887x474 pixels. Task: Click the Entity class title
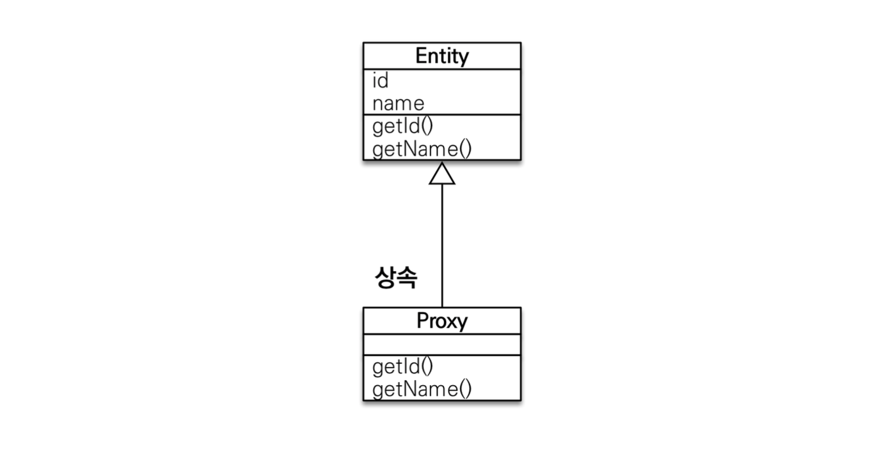pyautogui.click(x=442, y=56)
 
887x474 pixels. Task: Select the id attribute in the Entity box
pyautogui.click(x=380, y=81)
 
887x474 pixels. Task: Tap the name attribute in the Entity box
pyautogui.click(x=398, y=103)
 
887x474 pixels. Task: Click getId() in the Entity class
pyautogui.click(x=403, y=127)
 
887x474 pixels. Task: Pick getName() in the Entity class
pyautogui.click(x=422, y=149)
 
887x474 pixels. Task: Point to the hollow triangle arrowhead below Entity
pyautogui.click(x=442, y=173)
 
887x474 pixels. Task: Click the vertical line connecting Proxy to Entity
pyautogui.click(x=442, y=246)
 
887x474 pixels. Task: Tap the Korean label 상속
pyautogui.click(x=396, y=277)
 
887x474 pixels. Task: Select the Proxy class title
pyautogui.click(x=442, y=321)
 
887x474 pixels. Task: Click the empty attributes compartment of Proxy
pyautogui.click(x=442, y=345)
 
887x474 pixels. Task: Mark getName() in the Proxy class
pyautogui.click(x=422, y=389)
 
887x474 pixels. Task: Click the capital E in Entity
pyautogui.click(x=421, y=55)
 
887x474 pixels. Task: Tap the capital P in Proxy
pyautogui.click(x=423, y=320)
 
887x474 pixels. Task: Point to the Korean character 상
pyautogui.click(x=385, y=277)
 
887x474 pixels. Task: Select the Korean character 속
pyautogui.click(x=407, y=277)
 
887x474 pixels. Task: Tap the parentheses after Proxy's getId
pyautogui.click(x=427, y=366)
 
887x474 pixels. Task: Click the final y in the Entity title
pyautogui.click(x=464, y=59)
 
